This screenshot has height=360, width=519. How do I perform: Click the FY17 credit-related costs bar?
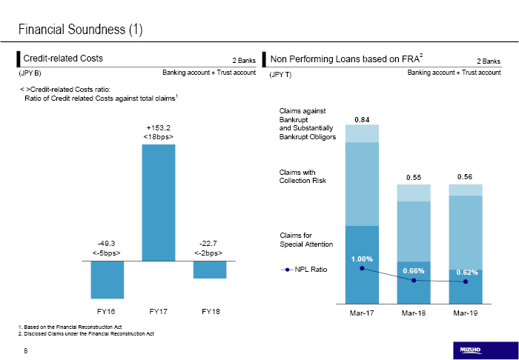(159, 202)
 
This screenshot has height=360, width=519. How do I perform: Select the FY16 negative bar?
(107, 279)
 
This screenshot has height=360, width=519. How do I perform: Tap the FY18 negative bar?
(210, 270)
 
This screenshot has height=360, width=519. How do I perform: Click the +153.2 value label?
(159, 127)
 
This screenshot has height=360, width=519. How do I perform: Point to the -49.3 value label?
(107, 242)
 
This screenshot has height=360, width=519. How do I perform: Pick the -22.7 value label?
(208, 242)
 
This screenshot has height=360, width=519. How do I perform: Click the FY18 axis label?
(211, 311)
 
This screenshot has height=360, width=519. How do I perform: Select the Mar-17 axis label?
(362, 313)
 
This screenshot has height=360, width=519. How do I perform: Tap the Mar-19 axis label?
(466, 313)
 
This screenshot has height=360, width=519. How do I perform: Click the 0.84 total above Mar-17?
(362, 119)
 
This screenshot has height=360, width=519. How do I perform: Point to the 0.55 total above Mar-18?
(414, 177)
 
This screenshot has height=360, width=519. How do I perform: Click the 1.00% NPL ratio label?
(362, 259)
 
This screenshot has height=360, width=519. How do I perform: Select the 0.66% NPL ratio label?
(414, 271)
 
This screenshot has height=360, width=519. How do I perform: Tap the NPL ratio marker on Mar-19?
(466, 281)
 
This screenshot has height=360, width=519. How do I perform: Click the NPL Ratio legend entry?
(304, 269)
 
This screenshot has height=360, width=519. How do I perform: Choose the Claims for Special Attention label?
(306, 239)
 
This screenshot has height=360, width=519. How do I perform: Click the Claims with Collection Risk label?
(303, 176)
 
